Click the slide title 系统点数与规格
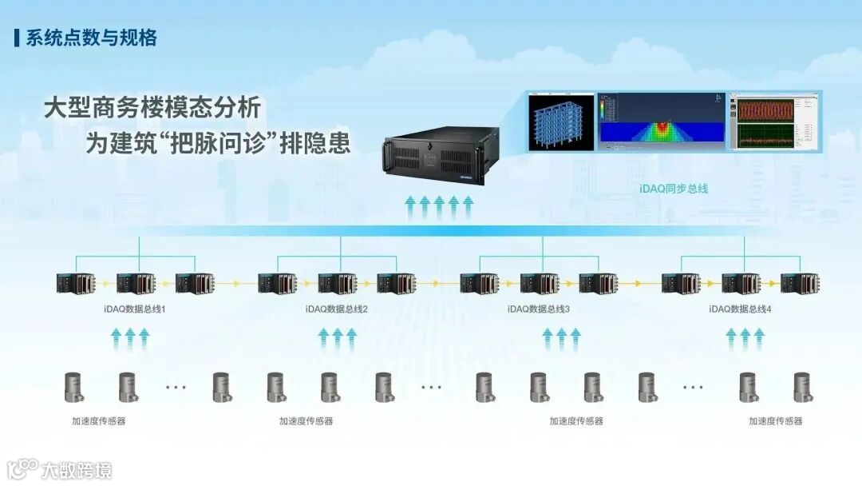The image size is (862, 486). pos(91,38)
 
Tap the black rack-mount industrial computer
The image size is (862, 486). pos(440,155)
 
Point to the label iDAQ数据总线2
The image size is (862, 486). pos(336,309)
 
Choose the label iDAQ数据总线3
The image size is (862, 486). pos(538,309)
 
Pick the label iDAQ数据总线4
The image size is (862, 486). pos(741,309)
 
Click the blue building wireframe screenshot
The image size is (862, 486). pos(562,121)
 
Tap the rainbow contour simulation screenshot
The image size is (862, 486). pos(662,121)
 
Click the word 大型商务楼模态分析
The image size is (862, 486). pos(152,108)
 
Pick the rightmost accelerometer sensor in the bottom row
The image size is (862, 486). pos(802,387)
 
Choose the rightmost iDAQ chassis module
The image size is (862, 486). pos(800,283)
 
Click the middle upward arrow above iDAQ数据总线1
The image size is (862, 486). pos(130,338)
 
